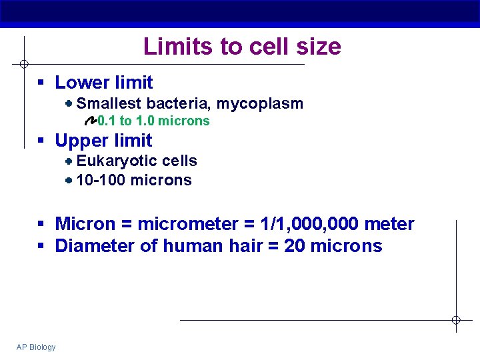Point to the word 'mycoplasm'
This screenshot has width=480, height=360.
tap(259, 104)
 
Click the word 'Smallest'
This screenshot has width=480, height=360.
tap(109, 103)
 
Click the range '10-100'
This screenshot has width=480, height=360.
tap(101, 180)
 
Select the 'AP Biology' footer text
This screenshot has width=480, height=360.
tap(36, 347)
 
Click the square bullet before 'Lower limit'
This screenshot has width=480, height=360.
tap(41, 83)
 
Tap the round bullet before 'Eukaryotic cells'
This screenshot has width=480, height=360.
tap(69, 161)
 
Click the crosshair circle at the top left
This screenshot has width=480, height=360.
tap(23, 64)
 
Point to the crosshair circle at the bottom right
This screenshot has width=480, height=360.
tap(456, 320)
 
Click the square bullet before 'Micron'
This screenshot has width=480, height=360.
tap(41, 225)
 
